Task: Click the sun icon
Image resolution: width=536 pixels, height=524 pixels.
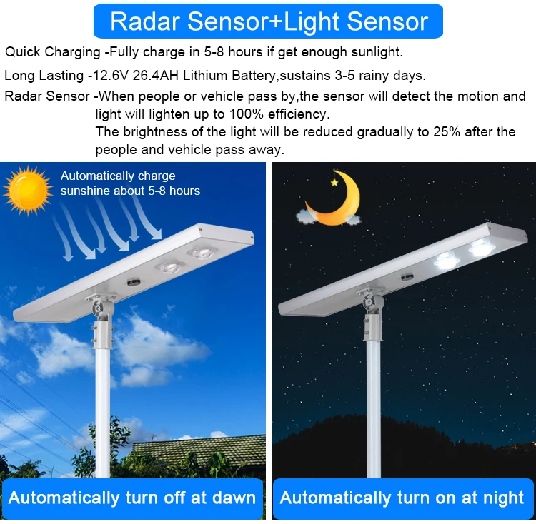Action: tap(29, 191)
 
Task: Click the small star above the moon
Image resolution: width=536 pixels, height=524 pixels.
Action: tap(334, 182)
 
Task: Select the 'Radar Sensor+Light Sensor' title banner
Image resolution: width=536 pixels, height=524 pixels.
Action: tap(268, 21)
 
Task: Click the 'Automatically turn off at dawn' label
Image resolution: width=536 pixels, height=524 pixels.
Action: tap(132, 498)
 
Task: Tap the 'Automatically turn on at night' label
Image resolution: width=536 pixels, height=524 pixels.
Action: tap(402, 498)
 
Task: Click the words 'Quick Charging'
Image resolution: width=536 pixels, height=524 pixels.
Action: tap(53, 52)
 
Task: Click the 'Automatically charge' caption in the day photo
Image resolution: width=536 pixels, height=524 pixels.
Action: tap(118, 176)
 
